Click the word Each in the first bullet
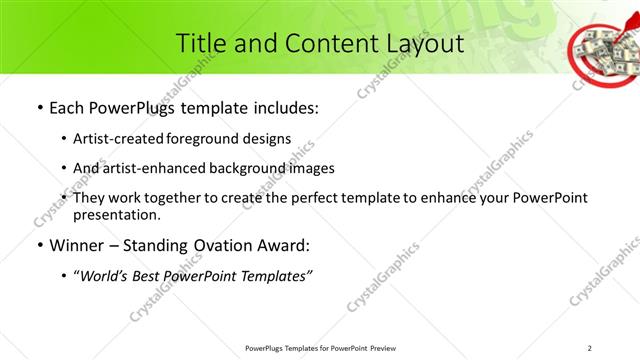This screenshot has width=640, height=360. click(x=69, y=108)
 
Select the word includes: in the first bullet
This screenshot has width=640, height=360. click(x=284, y=108)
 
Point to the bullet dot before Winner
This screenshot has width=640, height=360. click(x=39, y=246)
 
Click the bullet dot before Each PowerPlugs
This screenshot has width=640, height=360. click(x=39, y=108)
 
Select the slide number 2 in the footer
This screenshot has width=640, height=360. click(x=590, y=348)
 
